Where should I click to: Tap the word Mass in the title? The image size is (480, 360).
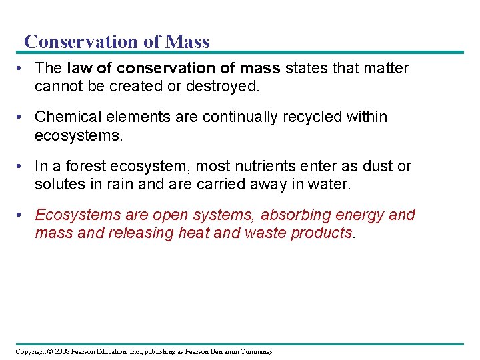tap(187, 41)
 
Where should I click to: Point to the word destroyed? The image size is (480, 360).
tap(227, 85)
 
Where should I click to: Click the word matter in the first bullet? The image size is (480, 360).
tap(385, 68)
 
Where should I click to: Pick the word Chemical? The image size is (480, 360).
tap(66, 117)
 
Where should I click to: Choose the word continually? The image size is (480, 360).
tap(240, 117)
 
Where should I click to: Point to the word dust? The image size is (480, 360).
tap(370, 166)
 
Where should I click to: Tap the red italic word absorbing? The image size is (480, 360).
tap(291, 215)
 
